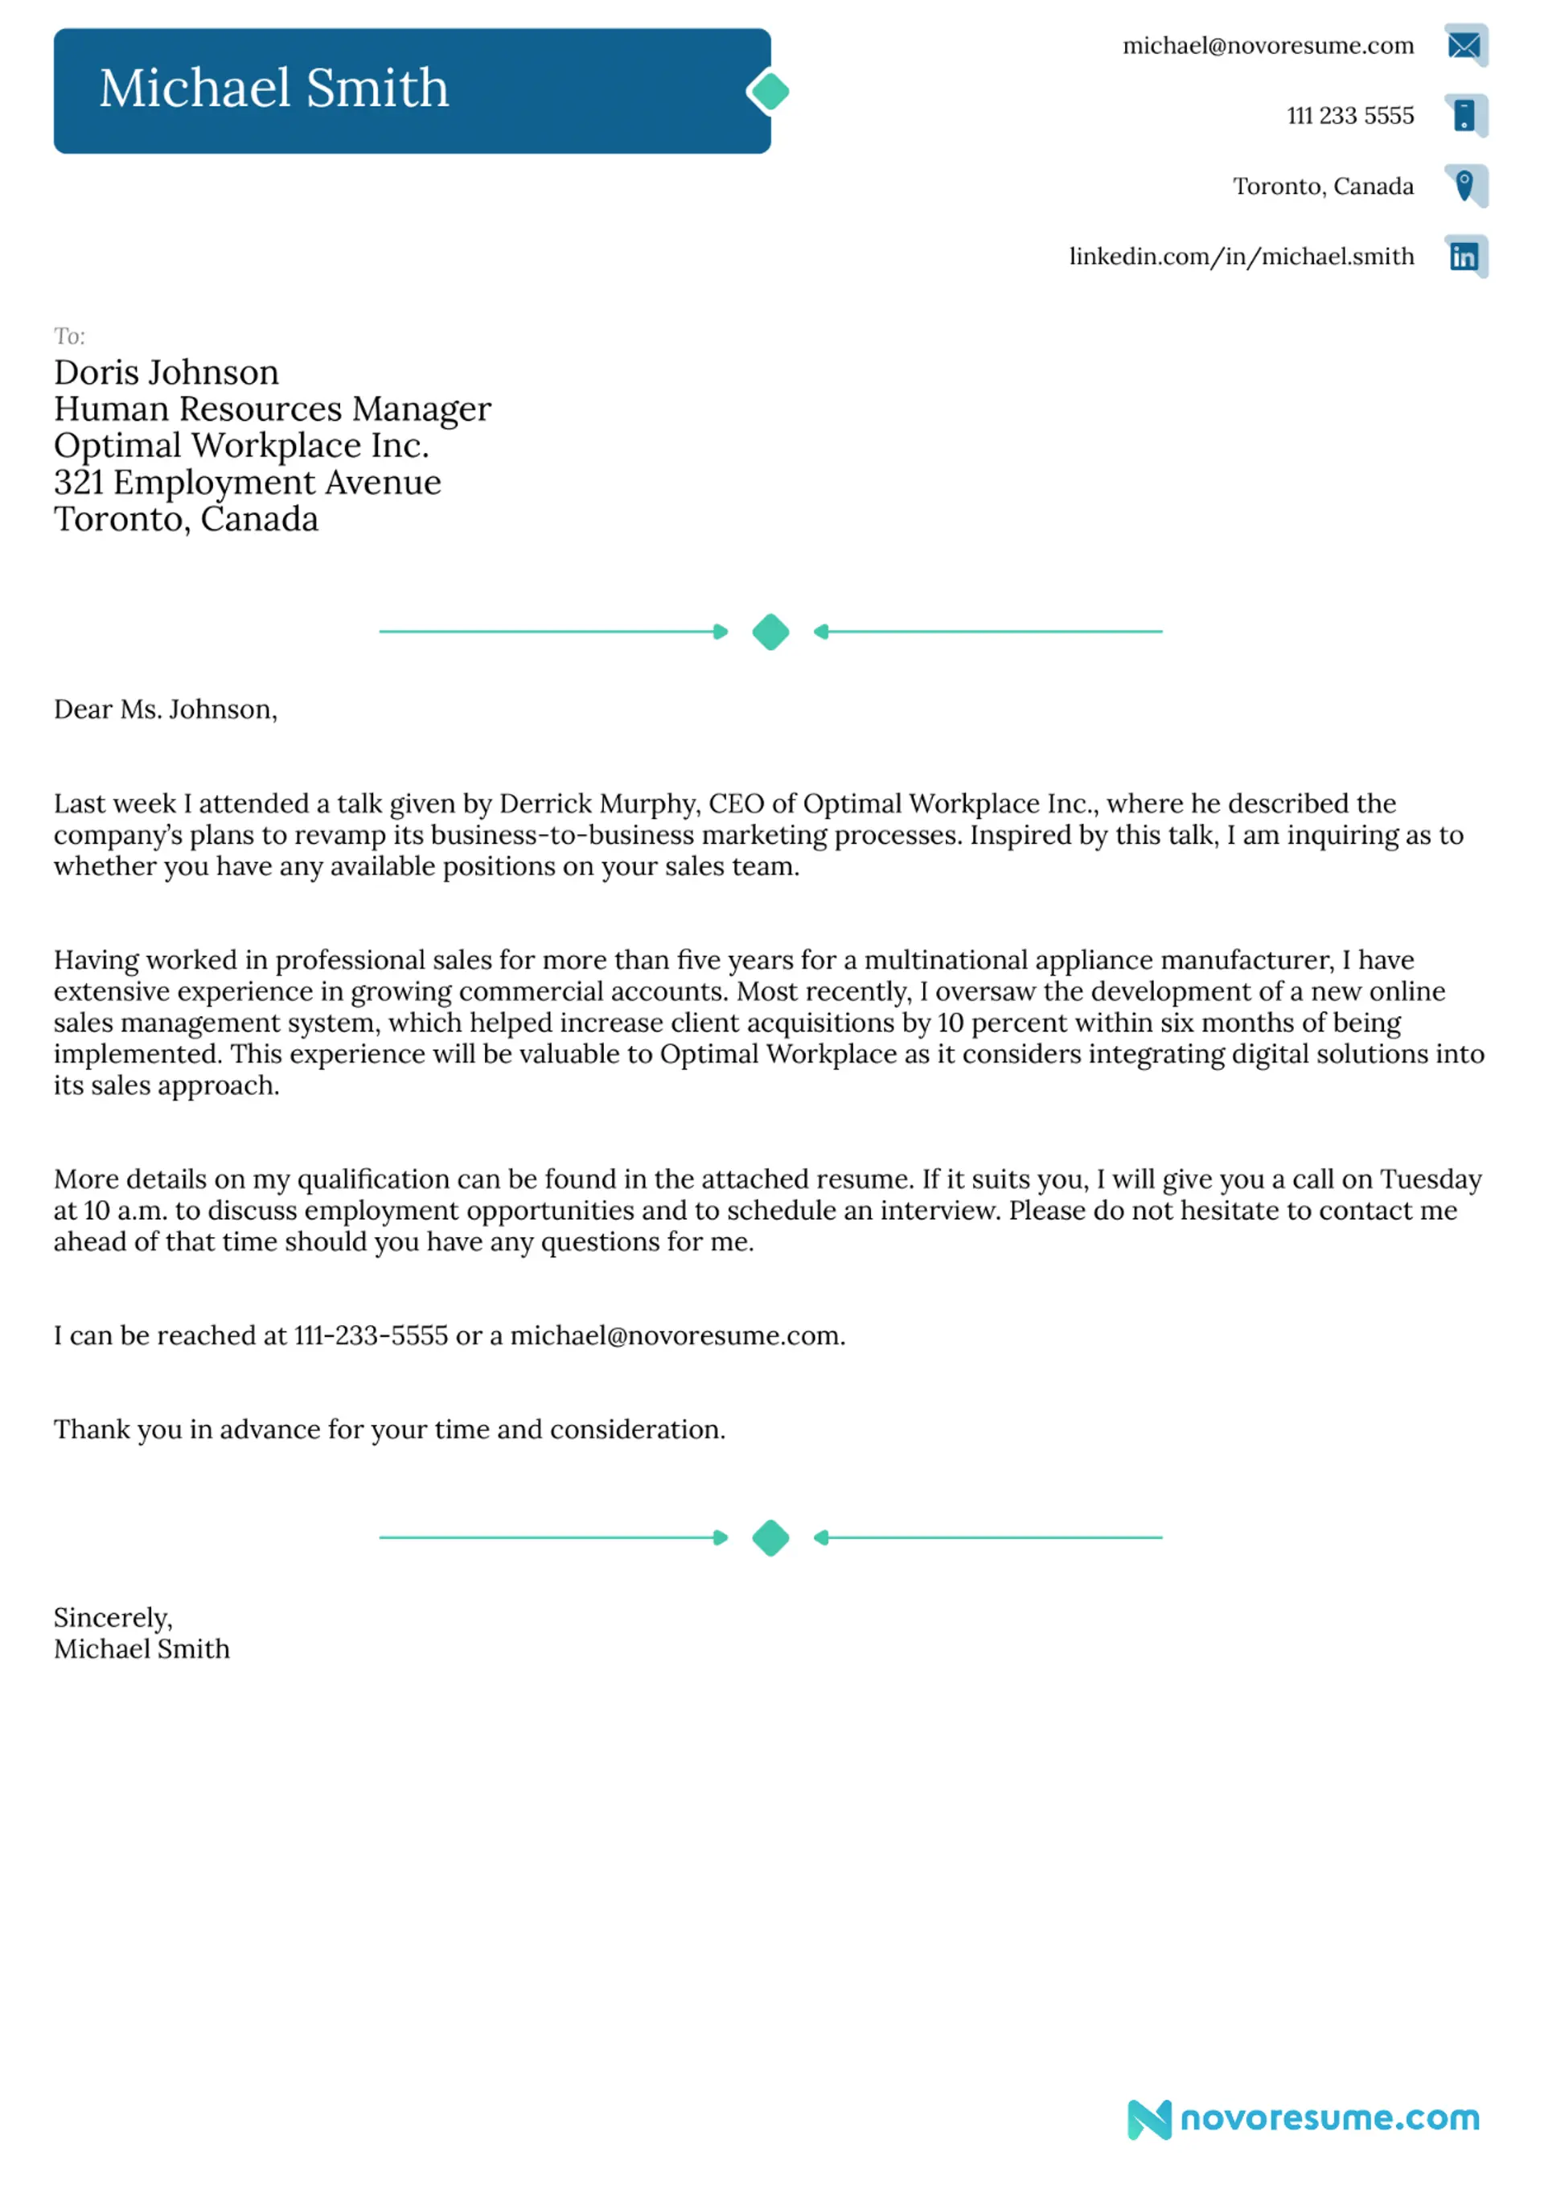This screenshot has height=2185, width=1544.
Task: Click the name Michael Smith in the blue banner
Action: click(x=274, y=88)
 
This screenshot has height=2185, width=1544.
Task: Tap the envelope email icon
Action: click(x=1464, y=45)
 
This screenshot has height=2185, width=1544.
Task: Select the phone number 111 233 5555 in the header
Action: click(x=1350, y=116)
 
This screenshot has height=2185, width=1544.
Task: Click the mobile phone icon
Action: click(x=1465, y=115)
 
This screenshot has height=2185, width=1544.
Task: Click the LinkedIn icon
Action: click(x=1464, y=256)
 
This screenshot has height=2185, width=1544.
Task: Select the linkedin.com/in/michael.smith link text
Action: click(x=1242, y=257)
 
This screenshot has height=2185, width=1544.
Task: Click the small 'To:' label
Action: click(x=69, y=336)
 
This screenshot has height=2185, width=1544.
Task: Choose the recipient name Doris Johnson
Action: click(x=166, y=372)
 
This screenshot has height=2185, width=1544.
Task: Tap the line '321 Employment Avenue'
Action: click(x=248, y=483)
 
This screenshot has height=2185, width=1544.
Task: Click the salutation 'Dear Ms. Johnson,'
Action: click(x=166, y=710)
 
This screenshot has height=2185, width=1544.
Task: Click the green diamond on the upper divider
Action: click(x=770, y=632)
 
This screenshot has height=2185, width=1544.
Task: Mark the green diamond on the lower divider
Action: click(x=770, y=1538)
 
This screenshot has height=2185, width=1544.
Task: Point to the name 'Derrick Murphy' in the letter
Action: click(x=599, y=804)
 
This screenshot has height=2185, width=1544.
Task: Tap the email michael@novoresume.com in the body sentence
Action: click(x=676, y=1336)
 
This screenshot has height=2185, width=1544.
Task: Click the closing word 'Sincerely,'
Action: click(x=113, y=1618)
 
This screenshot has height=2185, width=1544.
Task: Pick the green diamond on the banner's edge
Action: click(x=769, y=93)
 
